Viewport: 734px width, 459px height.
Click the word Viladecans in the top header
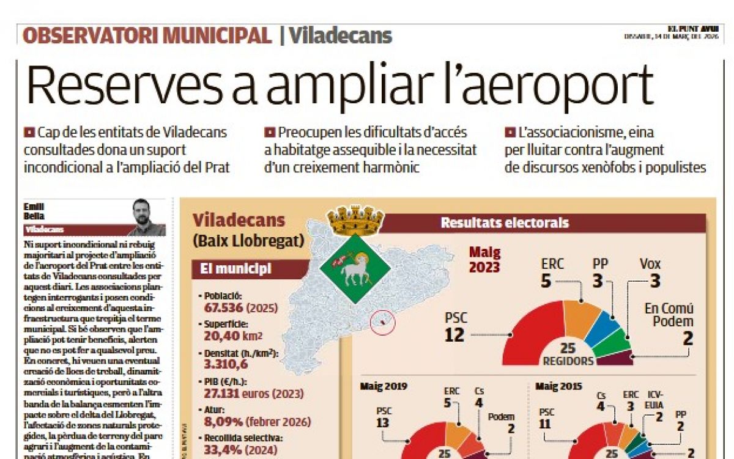(340, 35)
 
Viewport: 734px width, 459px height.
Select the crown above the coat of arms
(355, 219)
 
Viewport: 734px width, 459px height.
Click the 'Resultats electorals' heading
(505, 223)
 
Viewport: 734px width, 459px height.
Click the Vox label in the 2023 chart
(650, 264)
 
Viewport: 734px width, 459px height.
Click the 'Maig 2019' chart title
(384, 386)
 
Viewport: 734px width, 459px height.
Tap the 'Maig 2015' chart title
(558, 386)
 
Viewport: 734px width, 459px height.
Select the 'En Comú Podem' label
(669, 315)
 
